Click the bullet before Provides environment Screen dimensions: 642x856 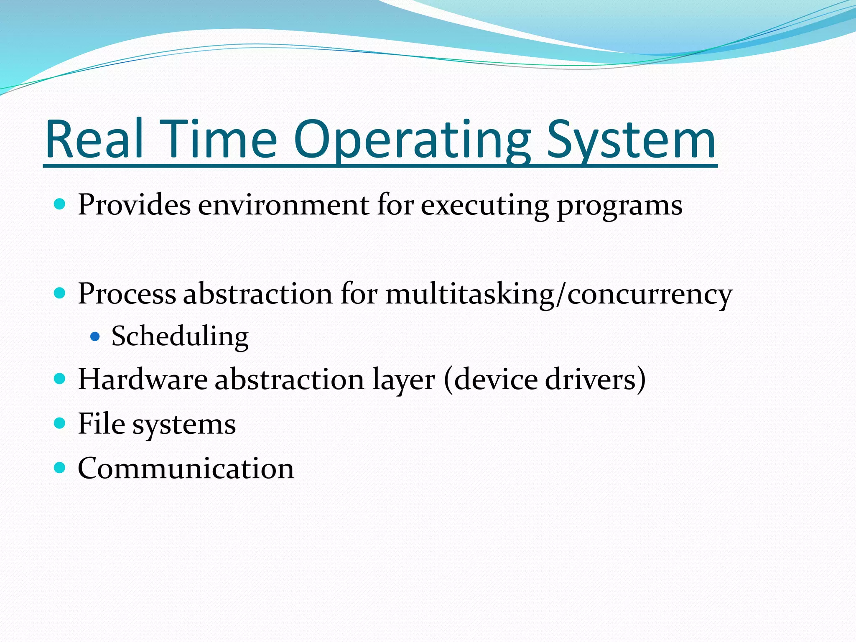point(60,204)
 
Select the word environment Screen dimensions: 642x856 point(284,206)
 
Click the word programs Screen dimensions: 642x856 point(620,207)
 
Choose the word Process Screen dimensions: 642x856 point(127,293)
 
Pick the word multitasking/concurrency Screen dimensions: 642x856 point(559,295)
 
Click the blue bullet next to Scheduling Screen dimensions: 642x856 point(95,336)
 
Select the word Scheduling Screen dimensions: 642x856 point(180,337)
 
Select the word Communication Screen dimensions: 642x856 point(186,468)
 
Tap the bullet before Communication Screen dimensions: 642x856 point(60,467)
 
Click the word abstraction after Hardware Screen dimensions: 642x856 point(289,380)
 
